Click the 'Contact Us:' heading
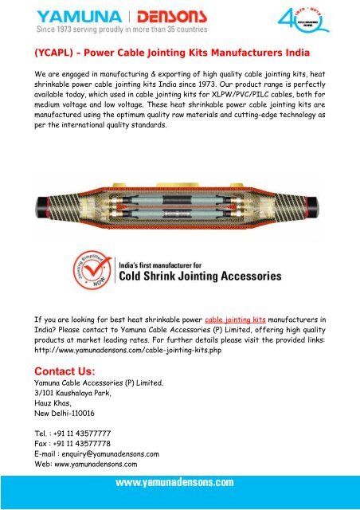click(61, 371)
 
